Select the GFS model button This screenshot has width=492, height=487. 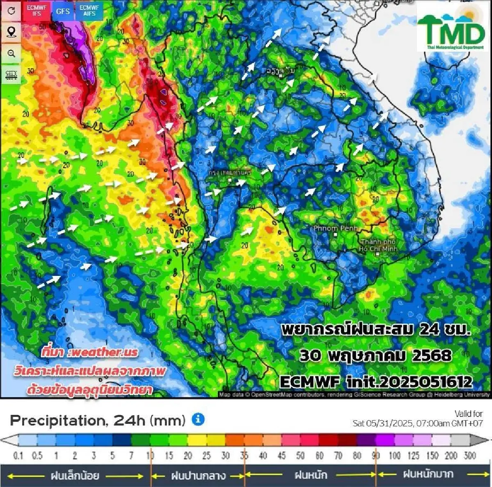[63, 11]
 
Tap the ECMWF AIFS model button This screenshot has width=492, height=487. [89, 11]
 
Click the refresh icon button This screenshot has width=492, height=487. [11, 11]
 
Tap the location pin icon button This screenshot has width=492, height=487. [11, 32]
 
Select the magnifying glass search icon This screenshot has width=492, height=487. [11, 53]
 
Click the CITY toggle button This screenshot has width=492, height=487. [11, 75]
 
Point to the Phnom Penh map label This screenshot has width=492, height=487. [335, 228]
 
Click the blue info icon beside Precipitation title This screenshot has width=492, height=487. [198, 419]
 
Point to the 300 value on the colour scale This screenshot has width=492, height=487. [469, 455]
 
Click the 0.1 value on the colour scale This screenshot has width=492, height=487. [18, 455]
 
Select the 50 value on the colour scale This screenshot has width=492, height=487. [301, 455]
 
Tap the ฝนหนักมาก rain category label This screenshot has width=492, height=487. [428, 475]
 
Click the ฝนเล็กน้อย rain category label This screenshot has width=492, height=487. [75, 476]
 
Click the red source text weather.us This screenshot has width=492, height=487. [90, 352]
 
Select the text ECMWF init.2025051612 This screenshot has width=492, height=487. [376, 382]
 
